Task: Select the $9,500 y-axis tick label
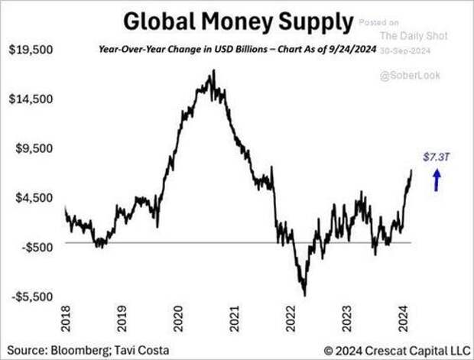pos(31,148)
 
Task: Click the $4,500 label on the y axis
pos(31,197)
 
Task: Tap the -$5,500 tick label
pos(31,296)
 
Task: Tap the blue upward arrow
pos(437,180)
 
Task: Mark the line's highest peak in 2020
pos(213,71)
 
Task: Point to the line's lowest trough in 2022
pos(304,294)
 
